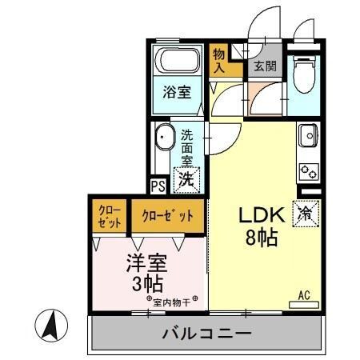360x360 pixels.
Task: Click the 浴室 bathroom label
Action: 178,91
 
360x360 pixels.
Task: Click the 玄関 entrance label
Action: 265,67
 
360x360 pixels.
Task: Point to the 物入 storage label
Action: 220,61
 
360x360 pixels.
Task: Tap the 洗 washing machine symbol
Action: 186,179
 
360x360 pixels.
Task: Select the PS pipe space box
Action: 157,185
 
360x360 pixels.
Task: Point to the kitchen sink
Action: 307,138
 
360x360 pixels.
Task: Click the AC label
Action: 304,295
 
